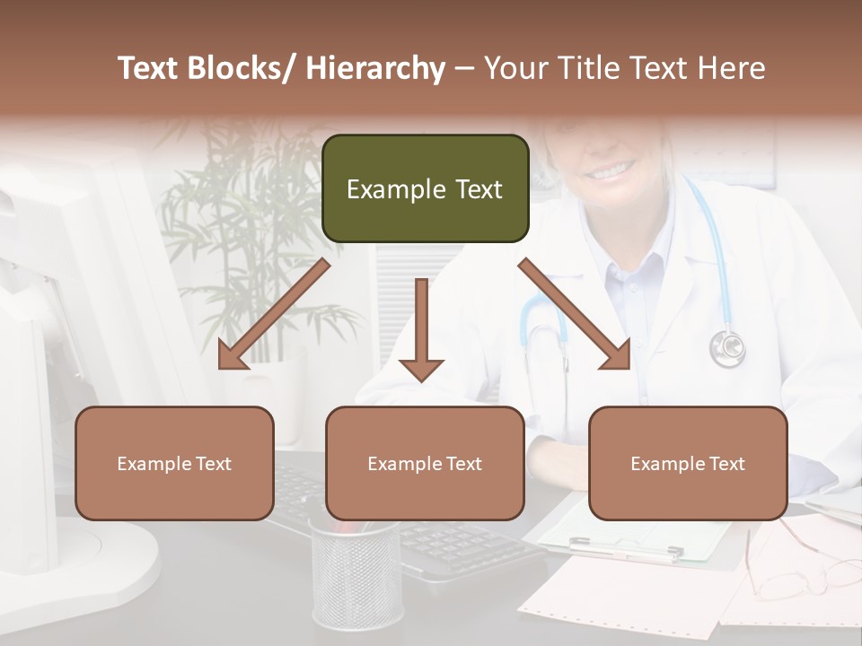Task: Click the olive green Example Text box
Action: [425, 188]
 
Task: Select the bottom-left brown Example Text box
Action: [174, 463]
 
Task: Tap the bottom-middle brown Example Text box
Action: [425, 463]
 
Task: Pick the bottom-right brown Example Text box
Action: [688, 463]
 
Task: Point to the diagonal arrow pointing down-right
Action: [575, 314]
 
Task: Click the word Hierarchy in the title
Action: [375, 68]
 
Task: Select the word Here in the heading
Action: [732, 68]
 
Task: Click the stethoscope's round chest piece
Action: [726, 348]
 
